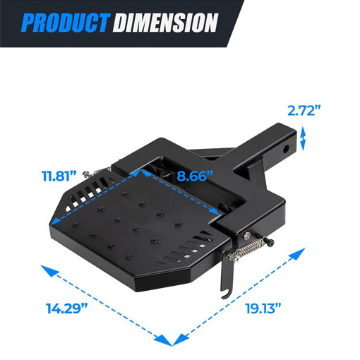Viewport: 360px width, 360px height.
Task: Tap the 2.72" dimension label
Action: click(x=304, y=110)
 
